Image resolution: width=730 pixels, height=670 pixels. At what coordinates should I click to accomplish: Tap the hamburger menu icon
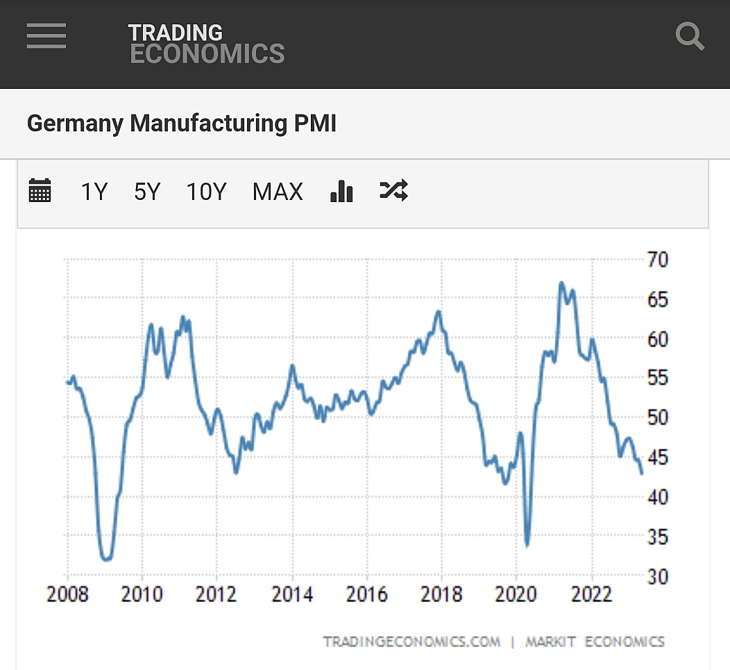point(46,36)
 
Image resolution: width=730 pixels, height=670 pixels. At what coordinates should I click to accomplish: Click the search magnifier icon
point(690,36)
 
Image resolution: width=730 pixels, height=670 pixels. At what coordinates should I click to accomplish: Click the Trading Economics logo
point(206,44)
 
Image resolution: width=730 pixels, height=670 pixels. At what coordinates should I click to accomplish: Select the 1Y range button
point(94,191)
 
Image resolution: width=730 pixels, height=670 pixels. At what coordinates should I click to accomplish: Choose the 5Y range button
point(147,191)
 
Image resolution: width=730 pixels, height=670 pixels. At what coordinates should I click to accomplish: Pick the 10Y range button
point(206,191)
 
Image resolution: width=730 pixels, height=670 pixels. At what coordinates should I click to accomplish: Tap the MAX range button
point(278,191)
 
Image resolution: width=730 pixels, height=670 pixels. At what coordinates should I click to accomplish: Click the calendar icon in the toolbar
point(40,190)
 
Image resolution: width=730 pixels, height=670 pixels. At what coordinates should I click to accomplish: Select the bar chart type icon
point(341,190)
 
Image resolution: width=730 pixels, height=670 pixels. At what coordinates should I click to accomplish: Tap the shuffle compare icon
point(393,190)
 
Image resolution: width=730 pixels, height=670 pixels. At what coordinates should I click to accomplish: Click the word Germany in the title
point(75,124)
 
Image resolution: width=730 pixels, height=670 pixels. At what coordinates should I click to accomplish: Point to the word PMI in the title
point(314,124)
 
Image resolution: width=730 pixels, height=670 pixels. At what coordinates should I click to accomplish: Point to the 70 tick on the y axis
point(658,260)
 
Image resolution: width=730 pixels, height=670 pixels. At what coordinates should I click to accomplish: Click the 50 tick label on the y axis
point(658,418)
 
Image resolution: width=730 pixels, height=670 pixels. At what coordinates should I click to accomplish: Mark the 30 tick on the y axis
point(658,576)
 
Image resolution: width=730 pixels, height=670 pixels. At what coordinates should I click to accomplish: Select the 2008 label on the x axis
point(67,594)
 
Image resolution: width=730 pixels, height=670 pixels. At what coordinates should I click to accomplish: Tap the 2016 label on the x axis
point(367,594)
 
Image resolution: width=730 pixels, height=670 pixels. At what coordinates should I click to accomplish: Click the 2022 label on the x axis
point(591,594)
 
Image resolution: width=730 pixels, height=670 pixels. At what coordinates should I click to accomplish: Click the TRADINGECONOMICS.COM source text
point(411,642)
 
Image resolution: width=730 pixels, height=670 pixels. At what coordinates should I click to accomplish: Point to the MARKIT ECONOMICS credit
point(595,642)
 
